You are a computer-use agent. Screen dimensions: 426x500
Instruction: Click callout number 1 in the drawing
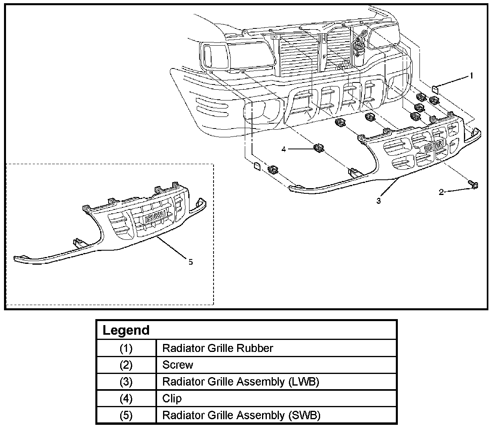(472, 75)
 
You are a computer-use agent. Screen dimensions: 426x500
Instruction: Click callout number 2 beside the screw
(442, 193)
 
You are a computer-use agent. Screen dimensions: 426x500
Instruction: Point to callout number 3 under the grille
(379, 201)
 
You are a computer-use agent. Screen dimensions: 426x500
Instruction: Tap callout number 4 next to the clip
(284, 149)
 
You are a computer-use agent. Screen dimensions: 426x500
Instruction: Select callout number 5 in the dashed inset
(190, 262)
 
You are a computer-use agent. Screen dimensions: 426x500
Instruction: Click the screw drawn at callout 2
(473, 184)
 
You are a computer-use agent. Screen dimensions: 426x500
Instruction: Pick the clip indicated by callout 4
(319, 149)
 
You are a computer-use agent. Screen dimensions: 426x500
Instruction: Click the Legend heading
(126, 330)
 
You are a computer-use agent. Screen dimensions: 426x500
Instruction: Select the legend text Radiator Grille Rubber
(218, 348)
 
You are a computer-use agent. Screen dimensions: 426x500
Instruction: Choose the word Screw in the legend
(177, 365)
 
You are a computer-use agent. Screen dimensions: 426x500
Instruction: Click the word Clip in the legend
(171, 399)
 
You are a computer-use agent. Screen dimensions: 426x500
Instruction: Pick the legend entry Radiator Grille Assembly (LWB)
(240, 382)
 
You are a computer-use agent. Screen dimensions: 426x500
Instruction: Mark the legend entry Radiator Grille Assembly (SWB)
(241, 415)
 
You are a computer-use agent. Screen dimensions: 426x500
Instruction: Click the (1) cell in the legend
(126, 348)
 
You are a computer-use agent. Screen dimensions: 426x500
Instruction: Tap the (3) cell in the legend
(126, 382)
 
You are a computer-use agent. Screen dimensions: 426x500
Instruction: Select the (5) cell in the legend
(126, 415)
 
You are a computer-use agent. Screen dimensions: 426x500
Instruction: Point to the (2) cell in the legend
(126, 365)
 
